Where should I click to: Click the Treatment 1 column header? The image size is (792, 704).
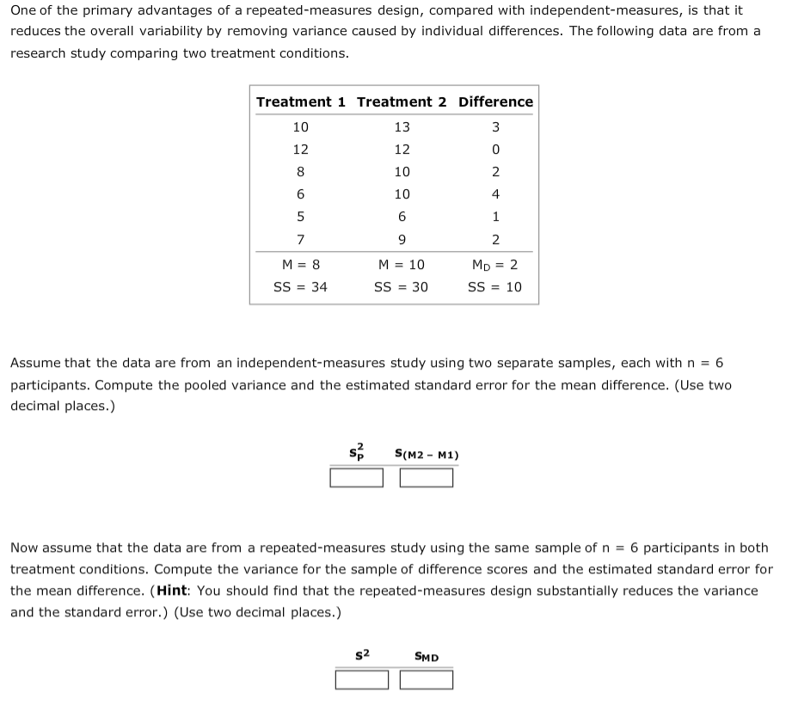coord(301,101)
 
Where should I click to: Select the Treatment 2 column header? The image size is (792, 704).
coord(402,101)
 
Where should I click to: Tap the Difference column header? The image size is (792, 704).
coord(495,101)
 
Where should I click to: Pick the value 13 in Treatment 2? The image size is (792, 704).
coord(402,127)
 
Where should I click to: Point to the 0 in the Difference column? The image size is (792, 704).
coord(495,150)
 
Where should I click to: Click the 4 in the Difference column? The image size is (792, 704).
coord(495,194)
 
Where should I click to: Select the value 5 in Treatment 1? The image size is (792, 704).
coord(300,217)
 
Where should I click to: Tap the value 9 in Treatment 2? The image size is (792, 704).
coord(402,239)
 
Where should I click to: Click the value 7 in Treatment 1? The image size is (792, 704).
coord(300,239)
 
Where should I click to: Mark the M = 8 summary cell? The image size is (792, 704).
coord(300,265)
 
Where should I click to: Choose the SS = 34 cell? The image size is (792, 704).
coord(300,287)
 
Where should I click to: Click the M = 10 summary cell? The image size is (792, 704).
coord(402,265)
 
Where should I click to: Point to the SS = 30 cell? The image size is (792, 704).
coord(402,287)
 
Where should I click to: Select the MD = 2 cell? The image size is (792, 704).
coord(495,265)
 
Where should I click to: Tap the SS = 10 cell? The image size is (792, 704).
coord(495,287)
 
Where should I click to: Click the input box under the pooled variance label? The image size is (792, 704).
coord(357,477)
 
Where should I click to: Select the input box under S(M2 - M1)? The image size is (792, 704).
coord(427,477)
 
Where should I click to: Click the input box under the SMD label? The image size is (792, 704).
coord(427,680)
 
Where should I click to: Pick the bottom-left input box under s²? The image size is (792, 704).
coord(362,680)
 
